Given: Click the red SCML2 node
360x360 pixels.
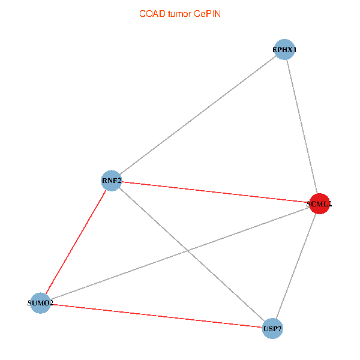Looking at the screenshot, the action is pyautogui.click(x=319, y=203).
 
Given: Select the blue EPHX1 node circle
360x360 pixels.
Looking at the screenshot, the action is pyautogui.click(x=284, y=49).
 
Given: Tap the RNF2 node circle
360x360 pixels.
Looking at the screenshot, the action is pyautogui.click(x=112, y=181).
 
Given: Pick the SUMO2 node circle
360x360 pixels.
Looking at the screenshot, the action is pyautogui.click(x=40, y=303).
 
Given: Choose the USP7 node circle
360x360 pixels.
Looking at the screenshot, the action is pyautogui.click(x=272, y=329).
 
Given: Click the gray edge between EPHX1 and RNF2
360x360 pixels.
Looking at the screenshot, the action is pyautogui.click(x=198, y=115).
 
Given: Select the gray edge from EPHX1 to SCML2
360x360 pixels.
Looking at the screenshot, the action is pyautogui.click(x=301, y=126).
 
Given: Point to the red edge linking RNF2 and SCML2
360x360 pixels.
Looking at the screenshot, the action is pyautogui.click(x=215, y=192).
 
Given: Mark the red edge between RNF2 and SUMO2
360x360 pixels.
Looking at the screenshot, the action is pyautogui.click(x=76, y=242).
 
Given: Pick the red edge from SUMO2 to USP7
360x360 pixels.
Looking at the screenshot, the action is pyautogui.click(x=156, y=316).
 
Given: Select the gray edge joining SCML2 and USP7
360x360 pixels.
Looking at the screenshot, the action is pyautogui.click(x=296, y=266).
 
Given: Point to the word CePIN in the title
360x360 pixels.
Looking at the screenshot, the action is pyautogui.click(x=206, y=13).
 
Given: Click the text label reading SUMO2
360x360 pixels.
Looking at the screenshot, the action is pyautogui.click(x=40, y=304).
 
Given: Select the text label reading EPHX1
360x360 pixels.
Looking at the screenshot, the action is pyautogui.click(x=284, y=50).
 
